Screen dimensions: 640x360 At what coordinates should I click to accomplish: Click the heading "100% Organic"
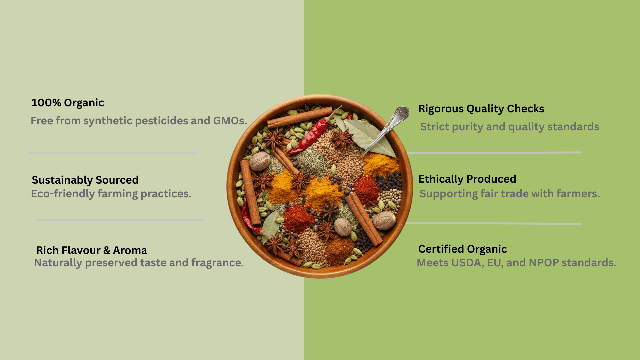click(x=68, y=103)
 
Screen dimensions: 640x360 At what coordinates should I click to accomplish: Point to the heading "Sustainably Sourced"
click(x=85, y=180)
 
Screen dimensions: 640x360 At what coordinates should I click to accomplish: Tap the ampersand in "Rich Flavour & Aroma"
click(x=107, y=250)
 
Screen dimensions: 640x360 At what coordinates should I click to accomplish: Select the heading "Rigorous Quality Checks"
click(x=481, y=109)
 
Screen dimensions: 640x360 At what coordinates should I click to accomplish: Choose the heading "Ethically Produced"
click(x=467, y=179)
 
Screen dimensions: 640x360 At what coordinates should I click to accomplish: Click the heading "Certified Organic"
click(x=462, y=249)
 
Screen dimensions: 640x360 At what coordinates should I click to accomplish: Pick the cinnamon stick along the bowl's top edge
click(x=300, y=117)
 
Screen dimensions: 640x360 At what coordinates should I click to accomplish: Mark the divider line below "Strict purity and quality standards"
click(x=494, y=153)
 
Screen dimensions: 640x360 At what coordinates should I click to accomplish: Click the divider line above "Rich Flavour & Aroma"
click(x=121, y=220)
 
